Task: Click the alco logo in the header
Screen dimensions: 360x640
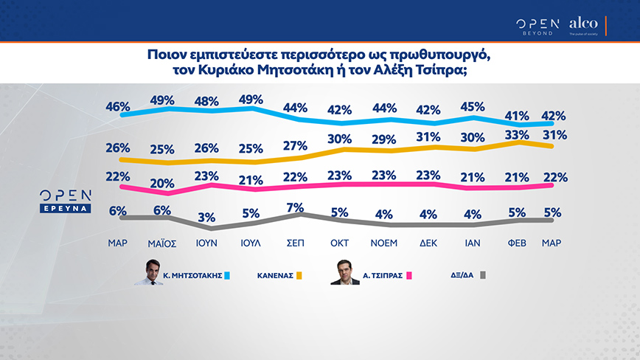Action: (x=583, y=24)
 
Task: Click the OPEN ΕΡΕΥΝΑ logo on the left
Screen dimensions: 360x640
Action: (x=66, y=200)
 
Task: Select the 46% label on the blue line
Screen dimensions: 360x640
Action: (x=118, y=106)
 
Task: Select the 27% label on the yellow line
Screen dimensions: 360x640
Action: (x=295, y=144)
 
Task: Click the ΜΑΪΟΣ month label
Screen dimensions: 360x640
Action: (x=161, y=241)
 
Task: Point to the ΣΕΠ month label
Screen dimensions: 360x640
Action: (x=294, y=241)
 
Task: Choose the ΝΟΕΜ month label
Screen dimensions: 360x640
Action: (x=383, y=241)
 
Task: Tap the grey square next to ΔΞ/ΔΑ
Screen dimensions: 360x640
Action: (x=484, y=276)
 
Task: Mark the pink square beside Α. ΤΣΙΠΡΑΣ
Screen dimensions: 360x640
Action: (x=411, y=276)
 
